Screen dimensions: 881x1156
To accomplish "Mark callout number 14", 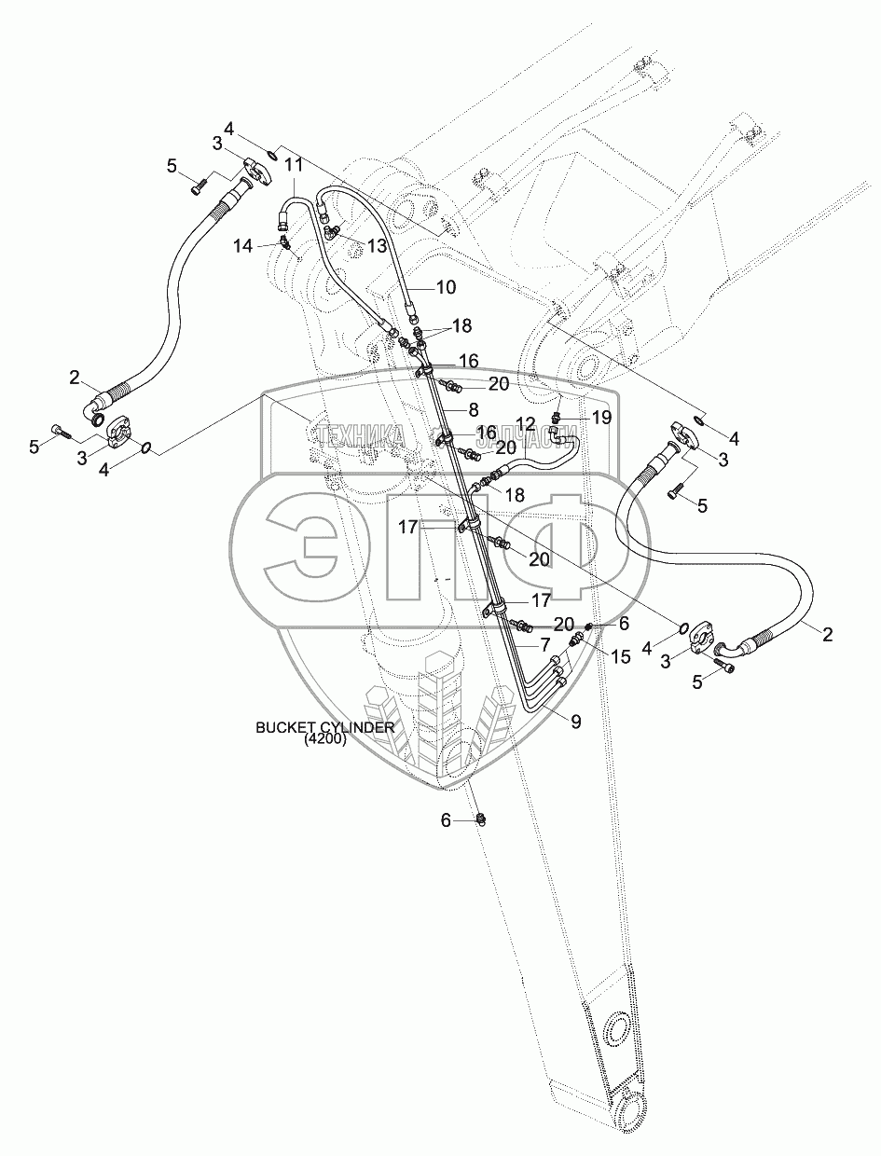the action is [x=243, y=246].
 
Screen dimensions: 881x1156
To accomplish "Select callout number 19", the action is [x=601, y=417].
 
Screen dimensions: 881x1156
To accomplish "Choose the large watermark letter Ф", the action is [x=550, y=550].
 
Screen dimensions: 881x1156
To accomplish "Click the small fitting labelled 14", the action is [x=286, y=244].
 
